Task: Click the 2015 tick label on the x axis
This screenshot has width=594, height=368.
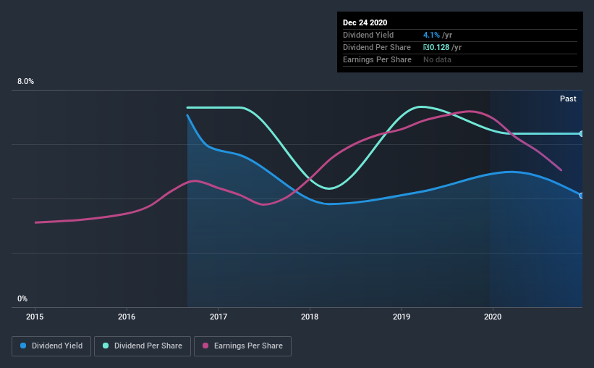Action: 35,317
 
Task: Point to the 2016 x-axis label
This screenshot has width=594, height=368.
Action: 127,317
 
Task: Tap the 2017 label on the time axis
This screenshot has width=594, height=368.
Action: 218,317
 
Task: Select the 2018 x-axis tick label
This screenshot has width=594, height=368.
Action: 310,317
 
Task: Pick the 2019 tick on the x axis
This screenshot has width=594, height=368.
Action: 402,317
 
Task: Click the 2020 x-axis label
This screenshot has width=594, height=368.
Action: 493,317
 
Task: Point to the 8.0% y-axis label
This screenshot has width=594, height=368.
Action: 25,82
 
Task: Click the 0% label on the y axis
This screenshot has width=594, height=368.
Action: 22,298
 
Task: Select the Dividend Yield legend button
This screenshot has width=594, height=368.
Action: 51,346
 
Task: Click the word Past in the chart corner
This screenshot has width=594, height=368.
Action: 568,99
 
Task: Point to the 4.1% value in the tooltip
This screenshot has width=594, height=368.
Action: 433,35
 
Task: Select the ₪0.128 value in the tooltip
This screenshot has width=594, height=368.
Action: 438,47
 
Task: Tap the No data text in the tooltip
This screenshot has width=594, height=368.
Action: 437,59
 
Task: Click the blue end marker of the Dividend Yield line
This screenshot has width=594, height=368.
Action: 581,196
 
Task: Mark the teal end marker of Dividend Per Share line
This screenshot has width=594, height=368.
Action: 581,134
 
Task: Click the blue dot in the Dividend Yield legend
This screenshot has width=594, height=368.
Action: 24,346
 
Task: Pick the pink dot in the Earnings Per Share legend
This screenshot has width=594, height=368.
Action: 205,346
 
